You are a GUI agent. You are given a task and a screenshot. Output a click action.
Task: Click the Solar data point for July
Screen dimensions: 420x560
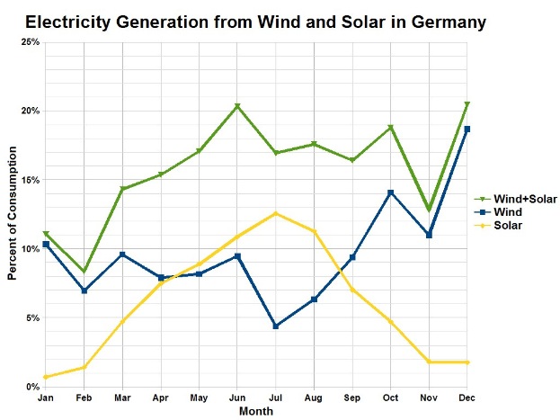276,213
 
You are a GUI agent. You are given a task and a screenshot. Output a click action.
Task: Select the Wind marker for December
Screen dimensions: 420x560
467,130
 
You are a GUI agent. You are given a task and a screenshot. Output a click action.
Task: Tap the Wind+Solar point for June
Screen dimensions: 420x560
237,106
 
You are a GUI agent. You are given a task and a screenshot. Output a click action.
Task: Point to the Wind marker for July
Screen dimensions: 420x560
276,326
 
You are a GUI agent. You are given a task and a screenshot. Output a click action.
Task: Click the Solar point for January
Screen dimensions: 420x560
46,377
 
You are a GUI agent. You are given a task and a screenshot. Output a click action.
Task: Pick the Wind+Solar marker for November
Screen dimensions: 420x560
429,210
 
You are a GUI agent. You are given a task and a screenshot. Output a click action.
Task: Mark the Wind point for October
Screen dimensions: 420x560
391,192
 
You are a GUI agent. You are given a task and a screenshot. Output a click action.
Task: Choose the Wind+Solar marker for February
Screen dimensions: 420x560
84,272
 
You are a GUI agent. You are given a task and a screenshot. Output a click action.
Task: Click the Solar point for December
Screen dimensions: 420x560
467,362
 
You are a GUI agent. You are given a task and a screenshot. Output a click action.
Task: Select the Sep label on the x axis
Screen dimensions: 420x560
352,398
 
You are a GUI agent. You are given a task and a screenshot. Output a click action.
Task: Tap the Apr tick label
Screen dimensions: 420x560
161,398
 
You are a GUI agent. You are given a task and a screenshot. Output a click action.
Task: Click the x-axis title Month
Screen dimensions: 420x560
256,411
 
